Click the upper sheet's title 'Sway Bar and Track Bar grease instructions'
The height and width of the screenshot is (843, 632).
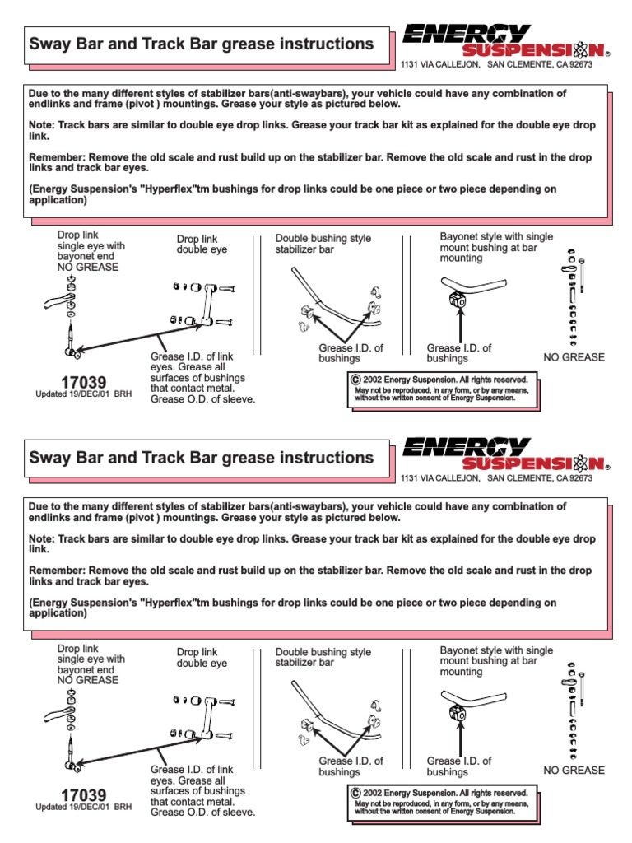click(201, 44)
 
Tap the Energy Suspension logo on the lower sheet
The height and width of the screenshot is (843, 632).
click(504, 454)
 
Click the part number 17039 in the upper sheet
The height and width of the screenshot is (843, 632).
click(83, 382)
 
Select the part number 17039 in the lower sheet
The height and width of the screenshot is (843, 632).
click(83, 795)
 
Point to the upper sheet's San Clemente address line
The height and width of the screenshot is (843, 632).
click(495, 64)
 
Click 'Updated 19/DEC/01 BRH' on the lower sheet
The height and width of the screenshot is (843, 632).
click(83, 808)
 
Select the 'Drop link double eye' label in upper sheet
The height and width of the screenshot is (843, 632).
click(202, 245)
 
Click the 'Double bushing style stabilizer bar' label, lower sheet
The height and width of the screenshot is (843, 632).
click(323, 657)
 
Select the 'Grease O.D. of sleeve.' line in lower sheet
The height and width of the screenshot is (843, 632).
click(202, 813)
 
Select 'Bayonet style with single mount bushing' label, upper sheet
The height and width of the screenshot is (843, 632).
click(496, 247)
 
